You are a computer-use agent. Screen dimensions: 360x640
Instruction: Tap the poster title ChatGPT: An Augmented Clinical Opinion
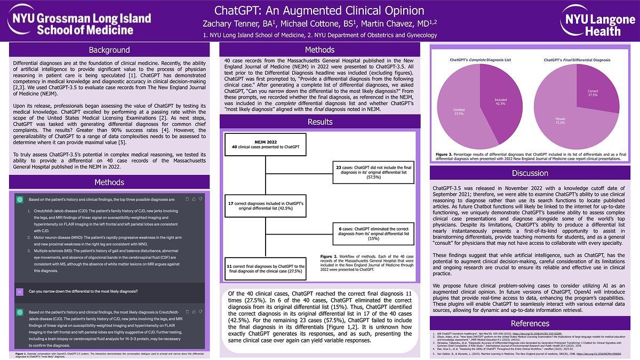(319, 11)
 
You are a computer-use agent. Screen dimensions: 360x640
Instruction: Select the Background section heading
(109, 50)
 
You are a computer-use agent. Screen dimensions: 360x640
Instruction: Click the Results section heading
(319, 122)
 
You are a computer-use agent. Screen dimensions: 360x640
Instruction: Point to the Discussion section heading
(530, 173)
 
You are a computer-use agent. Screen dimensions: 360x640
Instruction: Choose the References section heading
(530, 323)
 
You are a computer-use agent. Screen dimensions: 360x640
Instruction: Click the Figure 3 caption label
(445, 155)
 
